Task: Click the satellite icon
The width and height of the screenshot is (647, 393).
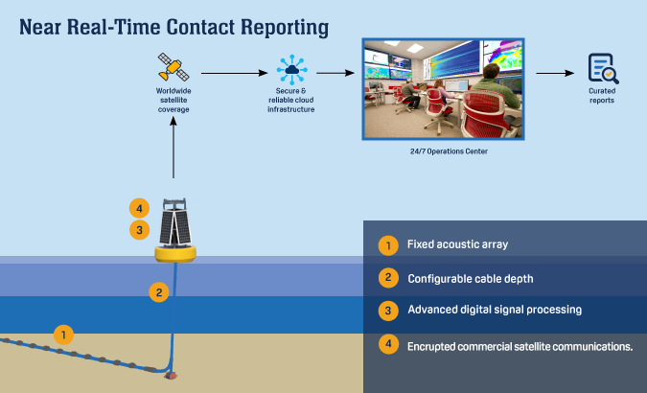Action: [173, 67]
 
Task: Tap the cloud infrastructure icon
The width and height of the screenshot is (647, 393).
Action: [291, 70]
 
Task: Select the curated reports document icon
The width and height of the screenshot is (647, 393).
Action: [603, 68]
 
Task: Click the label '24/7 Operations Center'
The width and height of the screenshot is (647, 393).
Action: [449, 151]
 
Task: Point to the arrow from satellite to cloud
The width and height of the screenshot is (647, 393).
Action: [235, 73]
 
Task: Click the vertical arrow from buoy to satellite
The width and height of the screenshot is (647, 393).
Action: [173, 148]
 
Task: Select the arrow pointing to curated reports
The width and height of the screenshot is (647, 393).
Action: [555, 73]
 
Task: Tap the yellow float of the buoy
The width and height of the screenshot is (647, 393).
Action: [175, 253]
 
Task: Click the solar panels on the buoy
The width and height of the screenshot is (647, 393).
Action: [175, 227]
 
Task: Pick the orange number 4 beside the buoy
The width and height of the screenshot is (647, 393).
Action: [140, 208]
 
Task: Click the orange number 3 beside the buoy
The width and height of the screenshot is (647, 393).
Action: [140, 230]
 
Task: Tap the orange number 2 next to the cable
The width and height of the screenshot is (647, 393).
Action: [159, 292]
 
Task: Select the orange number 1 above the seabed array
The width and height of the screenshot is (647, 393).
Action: [63, 335]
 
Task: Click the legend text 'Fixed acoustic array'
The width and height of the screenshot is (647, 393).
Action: [457, 244]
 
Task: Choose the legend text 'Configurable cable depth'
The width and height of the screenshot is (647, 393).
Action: [471, 279]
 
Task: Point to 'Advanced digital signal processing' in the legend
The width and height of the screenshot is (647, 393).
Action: [495, 310]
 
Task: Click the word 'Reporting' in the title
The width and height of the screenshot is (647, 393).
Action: [285, 28]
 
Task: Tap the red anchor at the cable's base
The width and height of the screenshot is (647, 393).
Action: [171, 375]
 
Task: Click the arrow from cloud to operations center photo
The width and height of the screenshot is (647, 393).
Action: [335, 73]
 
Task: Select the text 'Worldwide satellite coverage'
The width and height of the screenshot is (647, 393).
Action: [173, 100]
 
